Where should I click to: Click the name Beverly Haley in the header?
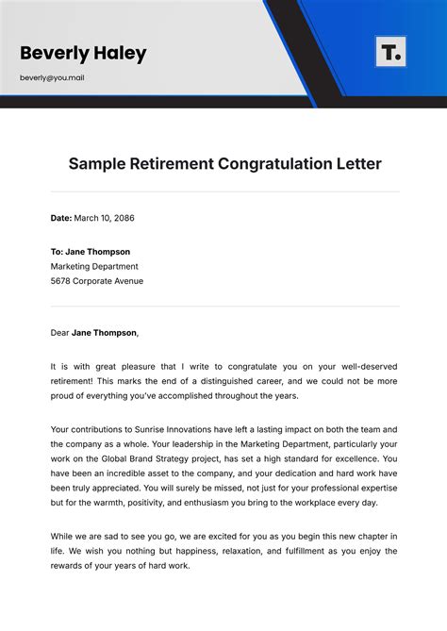83,53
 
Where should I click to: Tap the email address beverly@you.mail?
52,77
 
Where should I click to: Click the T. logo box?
390,52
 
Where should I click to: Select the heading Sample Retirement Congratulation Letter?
224,164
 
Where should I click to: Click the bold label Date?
61,218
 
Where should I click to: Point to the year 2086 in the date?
124,218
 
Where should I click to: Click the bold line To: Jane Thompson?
91,252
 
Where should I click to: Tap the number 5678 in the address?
63,281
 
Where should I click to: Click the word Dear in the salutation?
60,332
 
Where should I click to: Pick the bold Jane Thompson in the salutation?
105,332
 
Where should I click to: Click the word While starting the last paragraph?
63,536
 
